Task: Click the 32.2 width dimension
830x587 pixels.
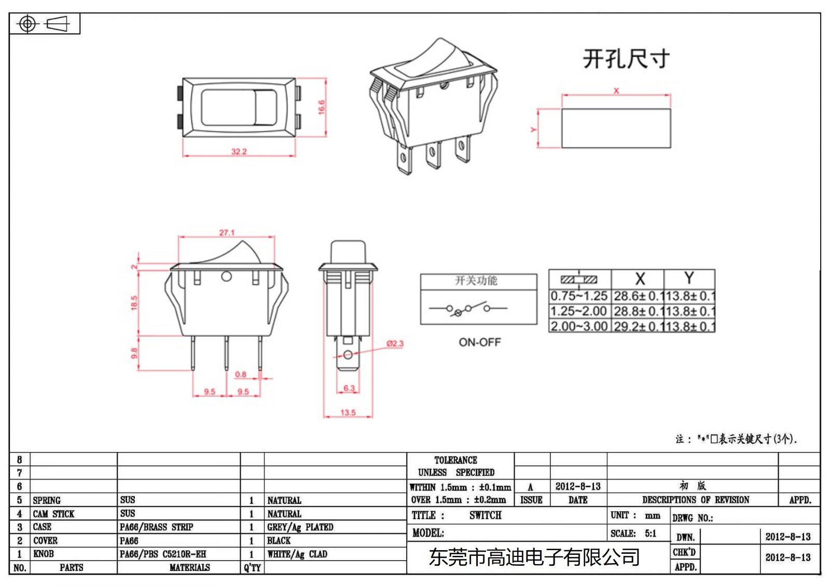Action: [x=239, y=152]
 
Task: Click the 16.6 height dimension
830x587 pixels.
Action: [x=321, y=107]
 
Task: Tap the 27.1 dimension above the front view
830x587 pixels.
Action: [x=227, y=233]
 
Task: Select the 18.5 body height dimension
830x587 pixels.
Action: [x=134, y=303]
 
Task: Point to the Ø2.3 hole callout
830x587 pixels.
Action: [x=395, y=344]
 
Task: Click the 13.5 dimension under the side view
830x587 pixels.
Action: [x=348, y=413]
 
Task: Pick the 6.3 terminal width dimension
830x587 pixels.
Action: [x=349, y=388]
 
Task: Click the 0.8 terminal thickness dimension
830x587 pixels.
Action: [x=241, y=374]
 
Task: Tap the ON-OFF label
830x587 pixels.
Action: [x=479, y=343]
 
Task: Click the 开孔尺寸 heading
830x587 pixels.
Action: [x=626, y=59]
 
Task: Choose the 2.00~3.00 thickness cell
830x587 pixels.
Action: [x=579, y=326]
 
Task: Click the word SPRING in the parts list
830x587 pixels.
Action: [x=47, y=500]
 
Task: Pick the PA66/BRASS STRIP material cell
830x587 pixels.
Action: [x=156, y=527]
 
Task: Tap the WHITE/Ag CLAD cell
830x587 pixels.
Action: [x=297, y=554]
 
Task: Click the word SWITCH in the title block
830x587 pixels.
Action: [x=486, y=515]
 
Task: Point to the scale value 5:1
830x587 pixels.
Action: [x=651, y=534]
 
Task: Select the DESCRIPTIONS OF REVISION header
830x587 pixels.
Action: [x=696, y=500]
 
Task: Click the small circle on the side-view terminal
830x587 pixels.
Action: [x=348, y=355]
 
